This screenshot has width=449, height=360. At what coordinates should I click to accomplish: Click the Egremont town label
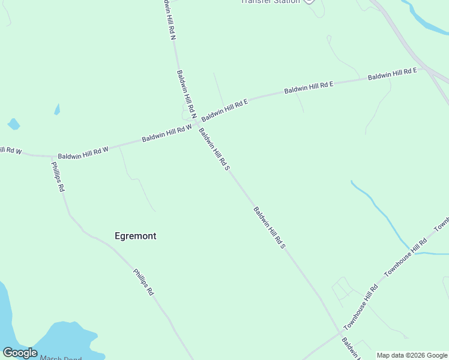(x=135, y=236)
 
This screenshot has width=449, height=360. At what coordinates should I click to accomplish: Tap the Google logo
(x=20, y=353)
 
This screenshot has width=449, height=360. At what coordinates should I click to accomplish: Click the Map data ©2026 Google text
(x=412, y=355)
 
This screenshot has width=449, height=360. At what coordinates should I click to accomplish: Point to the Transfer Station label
(x=270, y=2)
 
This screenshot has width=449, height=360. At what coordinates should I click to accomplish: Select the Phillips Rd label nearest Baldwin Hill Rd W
(x=58, y=176)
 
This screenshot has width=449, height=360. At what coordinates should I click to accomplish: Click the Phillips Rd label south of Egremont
(x=144, y=282)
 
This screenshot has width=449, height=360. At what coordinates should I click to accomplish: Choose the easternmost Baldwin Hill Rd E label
(x=392, y=74)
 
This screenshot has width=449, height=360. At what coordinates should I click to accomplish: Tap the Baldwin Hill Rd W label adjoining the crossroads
(x=167, y=133)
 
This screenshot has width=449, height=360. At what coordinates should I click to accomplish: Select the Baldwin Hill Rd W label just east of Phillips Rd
(x=83, y=152)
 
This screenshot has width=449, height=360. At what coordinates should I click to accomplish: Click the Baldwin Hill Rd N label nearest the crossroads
(x=186, y=94)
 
